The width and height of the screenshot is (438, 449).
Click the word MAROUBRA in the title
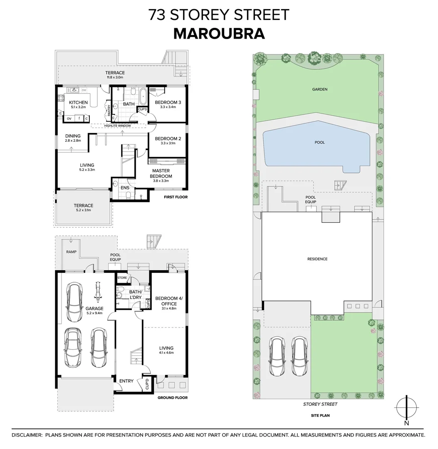point(219,33)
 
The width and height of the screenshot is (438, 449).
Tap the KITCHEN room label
point(78,102)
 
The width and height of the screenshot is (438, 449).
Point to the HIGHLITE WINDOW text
point(117,126)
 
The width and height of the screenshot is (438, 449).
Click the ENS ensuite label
point(125,188)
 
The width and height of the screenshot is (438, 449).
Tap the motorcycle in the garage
point(99,292)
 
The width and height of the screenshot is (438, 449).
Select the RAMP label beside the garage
point(70,252)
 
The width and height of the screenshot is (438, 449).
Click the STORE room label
point(122,277)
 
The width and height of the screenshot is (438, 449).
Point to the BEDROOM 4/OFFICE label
point(166,301)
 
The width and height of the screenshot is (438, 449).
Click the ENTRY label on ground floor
point(126,381)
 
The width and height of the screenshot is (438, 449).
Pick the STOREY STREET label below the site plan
point(319,404)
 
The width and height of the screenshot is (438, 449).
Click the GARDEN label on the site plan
point(320,89)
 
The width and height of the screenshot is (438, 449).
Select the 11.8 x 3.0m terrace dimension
point(115,77)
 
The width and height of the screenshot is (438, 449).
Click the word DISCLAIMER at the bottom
point(27,435)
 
